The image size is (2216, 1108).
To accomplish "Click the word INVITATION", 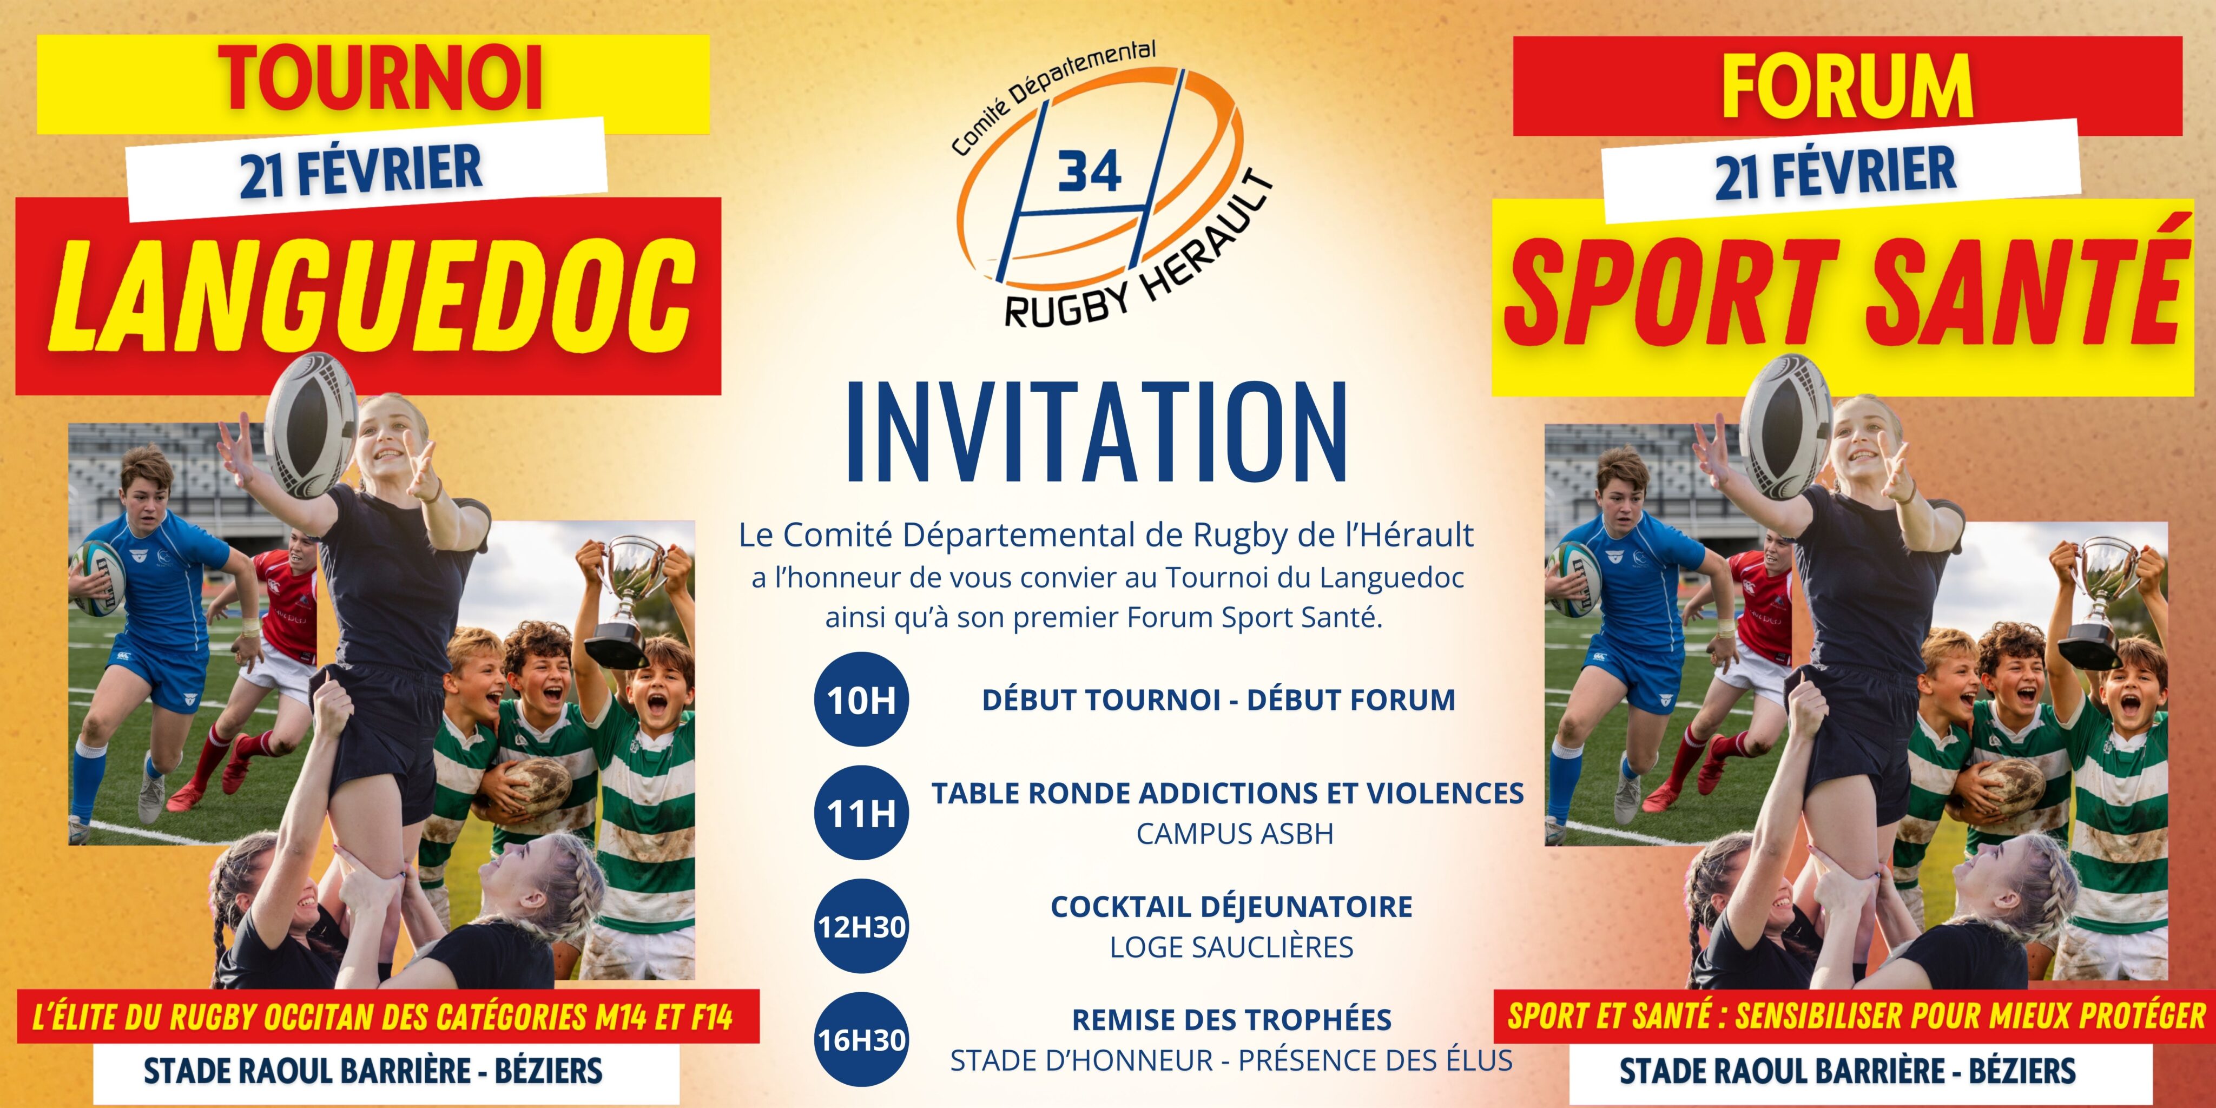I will coord(1097,433).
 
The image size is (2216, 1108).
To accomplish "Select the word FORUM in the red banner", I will coord(1847,86).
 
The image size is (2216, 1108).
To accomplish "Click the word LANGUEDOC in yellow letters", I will coord(372,295).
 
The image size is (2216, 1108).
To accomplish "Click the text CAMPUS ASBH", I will coord(1235,834).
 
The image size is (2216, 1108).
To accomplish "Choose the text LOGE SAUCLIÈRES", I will coord(1231,947).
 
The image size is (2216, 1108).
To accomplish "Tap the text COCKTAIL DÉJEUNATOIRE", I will coord(1231,907).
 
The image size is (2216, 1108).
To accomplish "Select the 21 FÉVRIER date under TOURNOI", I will coord(361,169).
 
